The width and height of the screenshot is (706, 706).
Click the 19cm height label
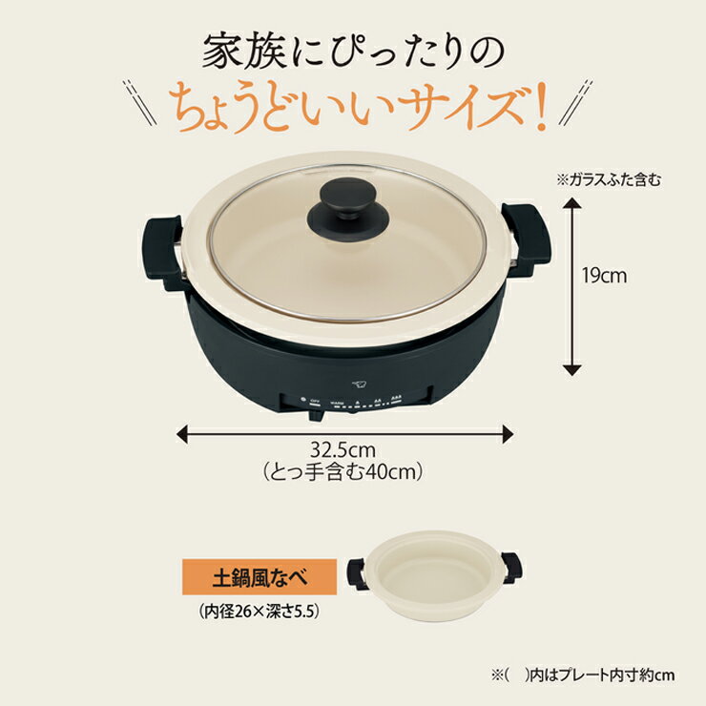(604, 277)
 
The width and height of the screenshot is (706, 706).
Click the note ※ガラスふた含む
(608, 178)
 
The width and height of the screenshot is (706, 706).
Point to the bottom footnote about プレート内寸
(585, 675)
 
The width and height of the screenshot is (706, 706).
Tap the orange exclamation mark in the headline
(540, 109)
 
